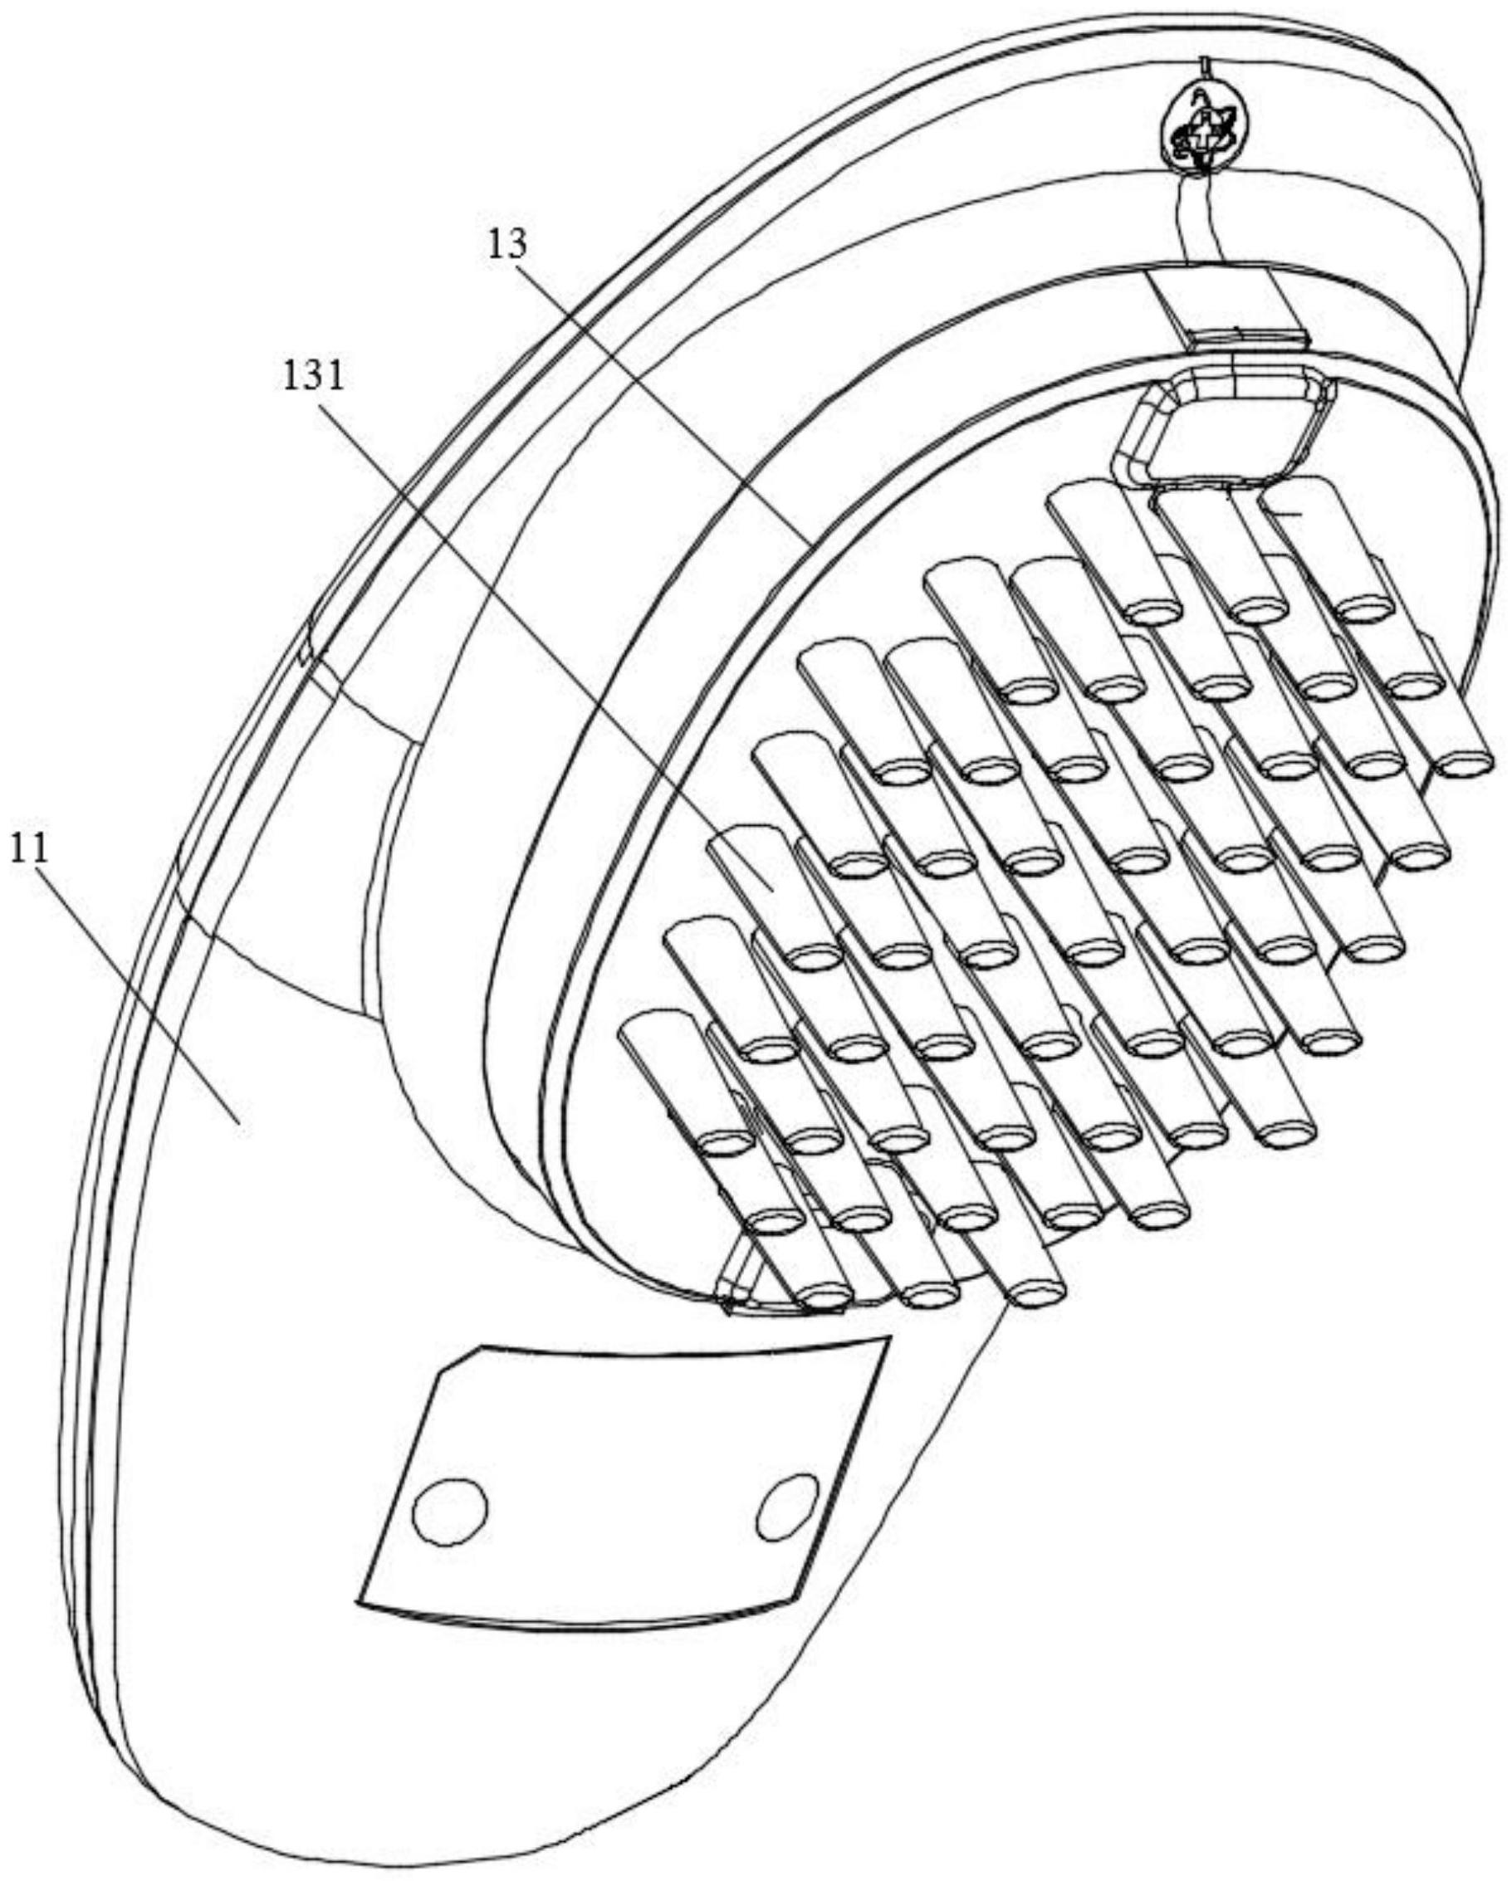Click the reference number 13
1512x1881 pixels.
tap(507, 245)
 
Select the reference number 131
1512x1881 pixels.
tap(313, 376)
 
